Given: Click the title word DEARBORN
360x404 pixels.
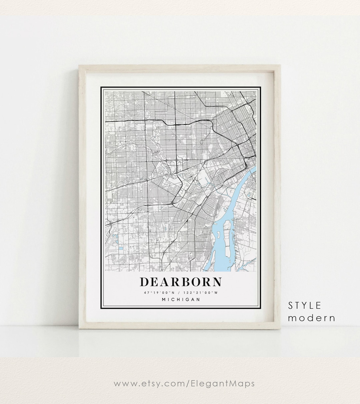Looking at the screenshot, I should point(180,282).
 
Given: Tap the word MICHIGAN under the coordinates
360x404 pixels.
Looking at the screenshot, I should point(181,299).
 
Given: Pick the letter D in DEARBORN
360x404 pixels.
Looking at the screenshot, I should point(144,282).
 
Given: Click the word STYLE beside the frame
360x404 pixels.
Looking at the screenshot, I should point(305,305).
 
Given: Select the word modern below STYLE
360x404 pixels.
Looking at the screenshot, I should point(312,318).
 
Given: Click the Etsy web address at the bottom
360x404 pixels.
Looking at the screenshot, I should point(184,383).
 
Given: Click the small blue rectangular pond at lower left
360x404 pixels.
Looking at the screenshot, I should point(119,248).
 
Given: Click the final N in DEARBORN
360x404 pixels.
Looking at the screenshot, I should point(217,282).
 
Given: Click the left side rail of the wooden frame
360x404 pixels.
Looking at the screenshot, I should point(82,197).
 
